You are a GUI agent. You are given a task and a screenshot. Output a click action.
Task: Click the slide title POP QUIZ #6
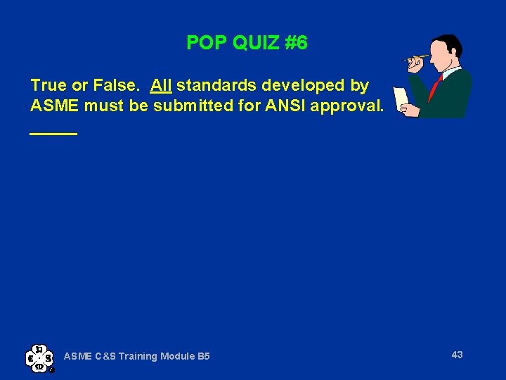(x=247, y=44)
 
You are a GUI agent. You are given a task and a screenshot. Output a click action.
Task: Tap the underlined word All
(x=161, y=86)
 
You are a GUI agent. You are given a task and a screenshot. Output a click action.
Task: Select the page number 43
(x=457, y=355)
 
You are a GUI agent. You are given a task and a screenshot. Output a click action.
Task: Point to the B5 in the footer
(x=203, y=357)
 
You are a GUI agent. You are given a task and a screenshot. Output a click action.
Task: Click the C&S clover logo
(x=39, y=357)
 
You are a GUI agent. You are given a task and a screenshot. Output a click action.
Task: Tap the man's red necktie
(x=436, y=87)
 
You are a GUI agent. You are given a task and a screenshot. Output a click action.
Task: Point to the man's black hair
(x=451, y=44)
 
